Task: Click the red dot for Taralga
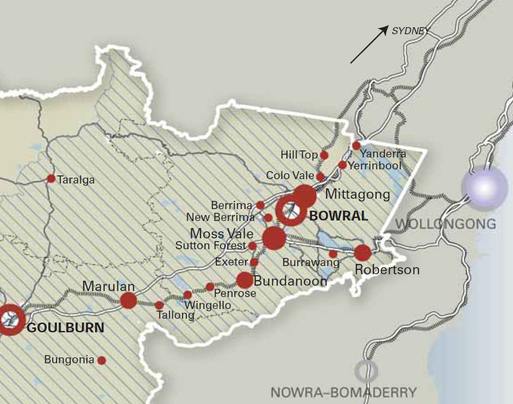[51, 179]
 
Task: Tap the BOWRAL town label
[338, 216]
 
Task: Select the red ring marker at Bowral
[291, 211]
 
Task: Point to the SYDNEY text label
[410, 31]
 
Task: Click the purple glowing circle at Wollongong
[483, 187]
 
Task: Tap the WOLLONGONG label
[446, 223]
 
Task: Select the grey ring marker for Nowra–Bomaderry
[366, 371]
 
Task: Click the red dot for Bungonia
[102, 360]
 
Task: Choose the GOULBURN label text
[65, 328]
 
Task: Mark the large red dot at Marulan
[129, 300]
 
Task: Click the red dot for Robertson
[362, 252]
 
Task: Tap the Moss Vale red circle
[274, 238]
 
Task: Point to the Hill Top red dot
[324, 155]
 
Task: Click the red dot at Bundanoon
[245, 280]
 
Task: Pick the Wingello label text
[208, 305]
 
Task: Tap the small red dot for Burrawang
[333, 254]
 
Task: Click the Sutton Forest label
[211, 246]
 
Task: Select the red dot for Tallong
[159, 306]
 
